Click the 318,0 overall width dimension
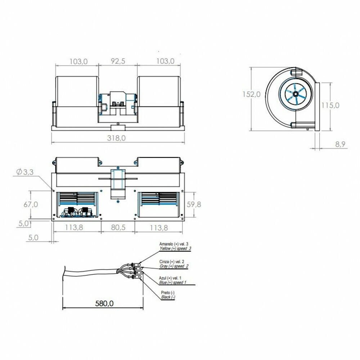pos(116,138)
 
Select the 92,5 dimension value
pos(118,61)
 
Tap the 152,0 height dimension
pos(251,94)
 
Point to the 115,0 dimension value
pos(330,105)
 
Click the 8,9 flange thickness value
pos(340,144)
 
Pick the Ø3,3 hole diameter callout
pos(25,172)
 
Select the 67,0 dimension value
pos(31,204)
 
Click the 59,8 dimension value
pos(194,204)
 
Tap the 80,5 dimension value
pos(118,227)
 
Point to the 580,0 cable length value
pos(104,303)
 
